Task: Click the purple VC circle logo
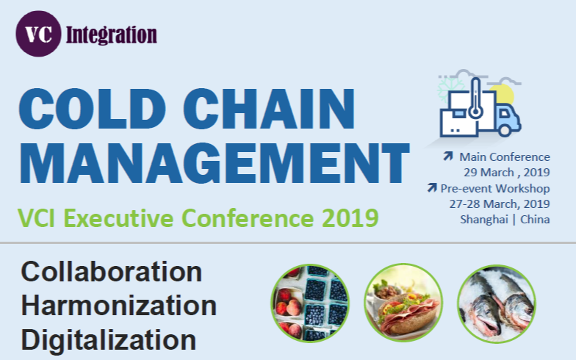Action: coord(38,34)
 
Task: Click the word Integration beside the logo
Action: coord(112,35)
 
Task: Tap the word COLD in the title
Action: coord(93,109)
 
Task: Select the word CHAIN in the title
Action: coord(269,109)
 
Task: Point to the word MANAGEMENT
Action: coord(215,163)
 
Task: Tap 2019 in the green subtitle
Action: coord(350,217)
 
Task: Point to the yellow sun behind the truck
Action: coord(503,94)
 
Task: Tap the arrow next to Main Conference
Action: coord(448,156)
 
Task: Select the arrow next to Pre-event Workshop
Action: coord(432,187)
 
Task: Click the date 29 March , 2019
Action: coord(507,172)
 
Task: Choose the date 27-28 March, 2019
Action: coord(500,204)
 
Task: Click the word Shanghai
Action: coord(483,220)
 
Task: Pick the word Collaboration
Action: coord(112,272)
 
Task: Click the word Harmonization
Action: coord(119,306)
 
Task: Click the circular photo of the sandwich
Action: coord(403,303)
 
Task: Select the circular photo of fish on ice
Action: coord(497,304)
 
